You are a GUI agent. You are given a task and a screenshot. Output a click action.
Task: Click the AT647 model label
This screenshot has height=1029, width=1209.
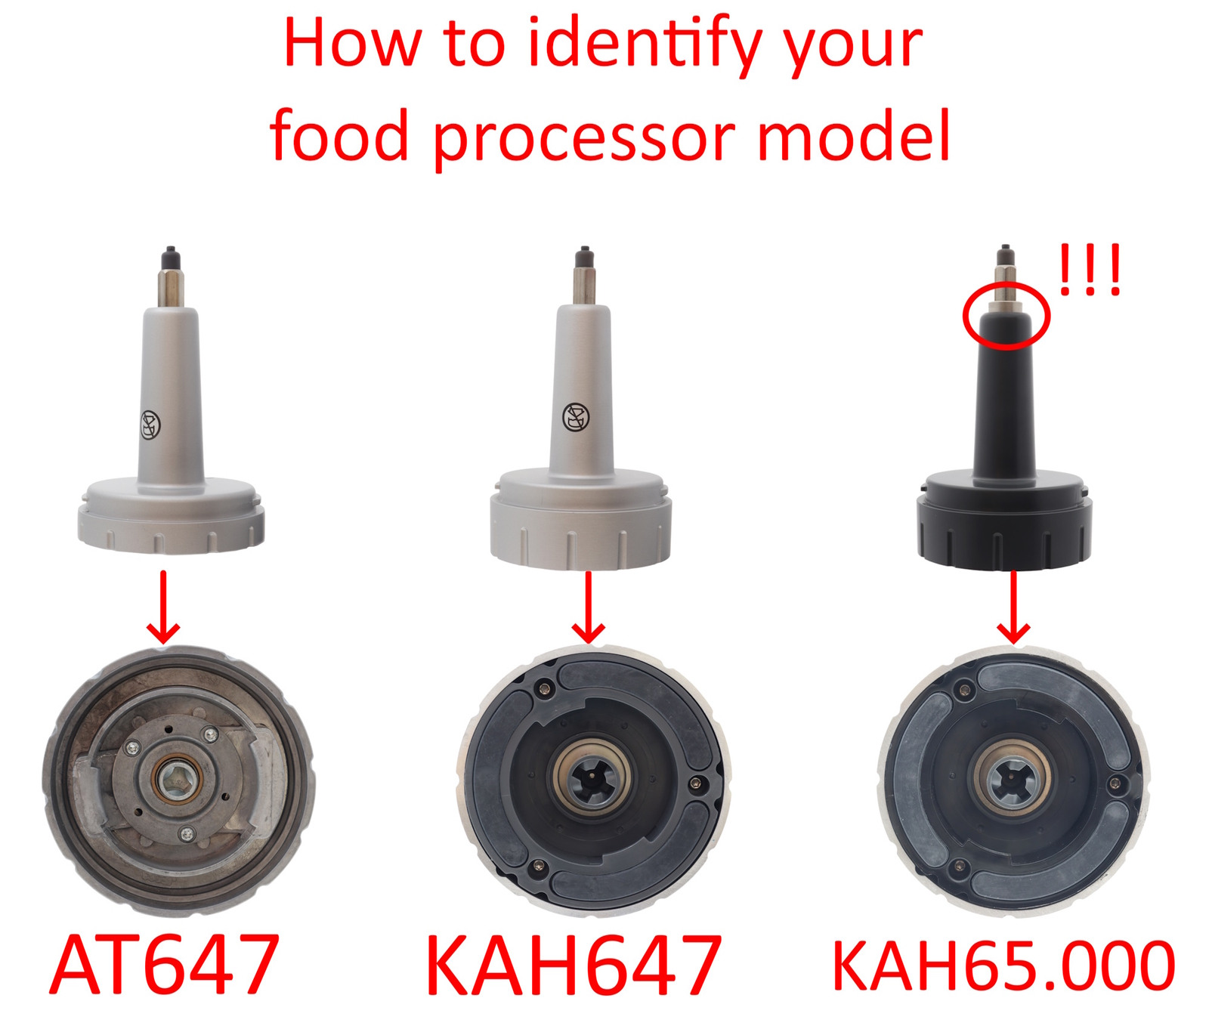pos(165,965)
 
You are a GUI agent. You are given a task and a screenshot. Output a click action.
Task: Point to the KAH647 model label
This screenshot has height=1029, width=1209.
pos(574,966)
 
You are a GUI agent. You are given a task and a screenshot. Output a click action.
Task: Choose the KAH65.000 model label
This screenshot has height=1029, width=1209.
pos(1003,966)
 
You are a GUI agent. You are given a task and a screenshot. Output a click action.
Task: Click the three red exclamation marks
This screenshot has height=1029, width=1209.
pos(1090,270)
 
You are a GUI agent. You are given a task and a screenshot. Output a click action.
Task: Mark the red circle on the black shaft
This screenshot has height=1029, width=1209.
pos(1006,315)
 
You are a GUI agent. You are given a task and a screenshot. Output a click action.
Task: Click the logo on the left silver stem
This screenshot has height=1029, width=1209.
pos(151,425)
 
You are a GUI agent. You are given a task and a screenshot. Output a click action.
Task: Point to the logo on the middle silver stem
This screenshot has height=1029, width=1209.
pos(576,416)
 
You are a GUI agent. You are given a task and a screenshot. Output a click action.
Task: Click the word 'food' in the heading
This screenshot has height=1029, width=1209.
pos(339,138)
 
